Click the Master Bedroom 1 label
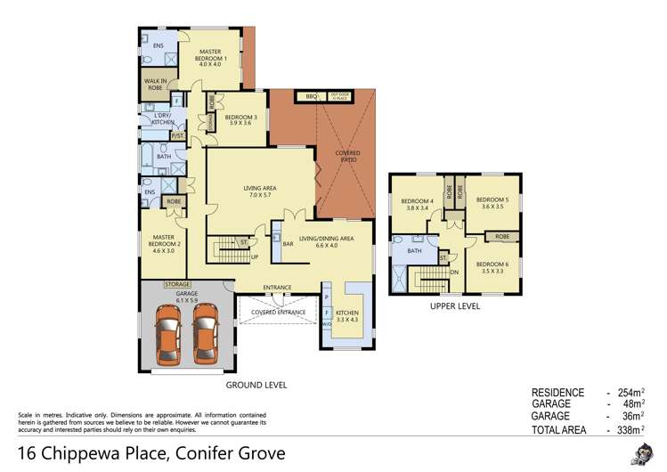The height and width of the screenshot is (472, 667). point(214,58)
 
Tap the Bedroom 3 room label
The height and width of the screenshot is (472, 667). point(240,120)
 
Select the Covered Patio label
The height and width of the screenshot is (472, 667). point(348,157)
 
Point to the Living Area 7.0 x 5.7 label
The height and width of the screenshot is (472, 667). point(262,192)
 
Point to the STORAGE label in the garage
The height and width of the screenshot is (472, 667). point(177,285)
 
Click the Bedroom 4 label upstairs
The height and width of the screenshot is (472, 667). point(418,205)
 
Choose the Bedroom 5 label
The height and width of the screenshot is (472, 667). point(491,203)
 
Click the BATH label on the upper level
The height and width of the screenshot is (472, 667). point(414,252)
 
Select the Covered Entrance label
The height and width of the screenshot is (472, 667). point(279,313)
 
